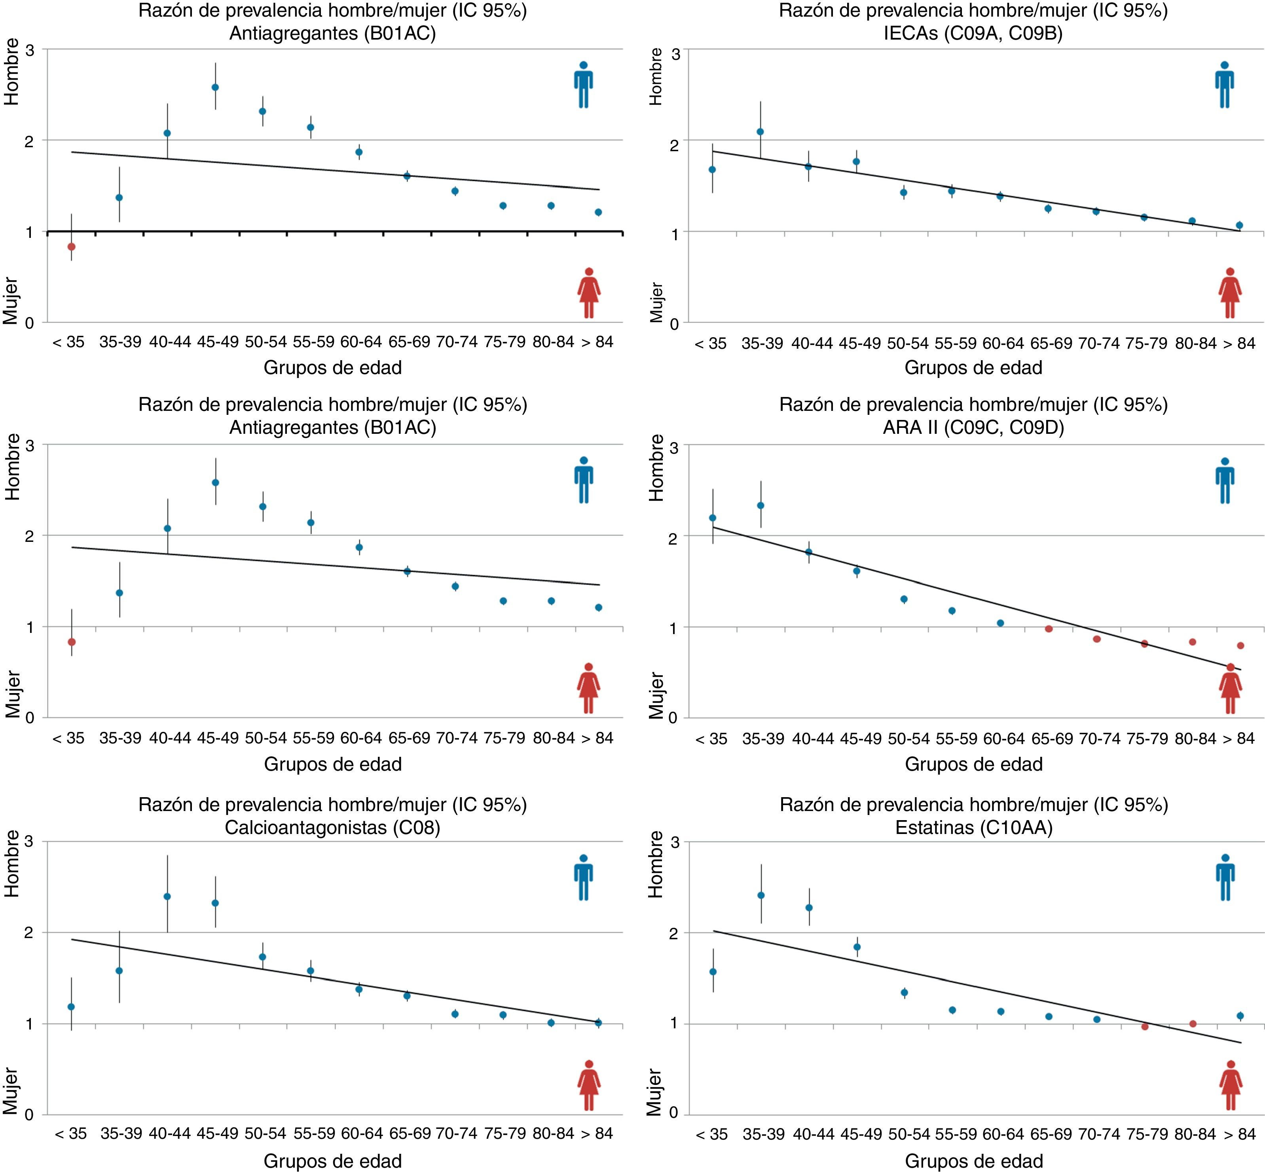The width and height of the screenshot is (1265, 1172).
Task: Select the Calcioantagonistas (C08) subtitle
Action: [332, 827]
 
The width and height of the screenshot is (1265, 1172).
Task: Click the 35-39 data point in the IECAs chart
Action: [760, 132]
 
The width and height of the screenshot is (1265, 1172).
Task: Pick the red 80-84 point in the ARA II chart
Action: [1192, 642]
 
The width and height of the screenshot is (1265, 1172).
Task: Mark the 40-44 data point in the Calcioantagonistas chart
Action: [167, 896]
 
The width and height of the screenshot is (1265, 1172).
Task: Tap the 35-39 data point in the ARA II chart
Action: [760, 505]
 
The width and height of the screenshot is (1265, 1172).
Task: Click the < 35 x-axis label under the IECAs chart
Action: [710, 344]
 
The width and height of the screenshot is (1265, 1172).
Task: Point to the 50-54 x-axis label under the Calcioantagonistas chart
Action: [266, 1133]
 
